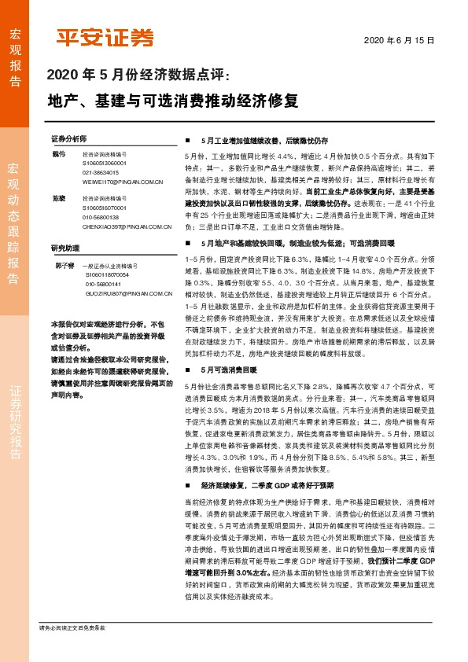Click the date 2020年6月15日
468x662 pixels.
click(400, 40)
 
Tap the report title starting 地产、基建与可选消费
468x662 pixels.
click(173, 101)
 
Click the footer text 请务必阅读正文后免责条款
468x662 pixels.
click(72, 650)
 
